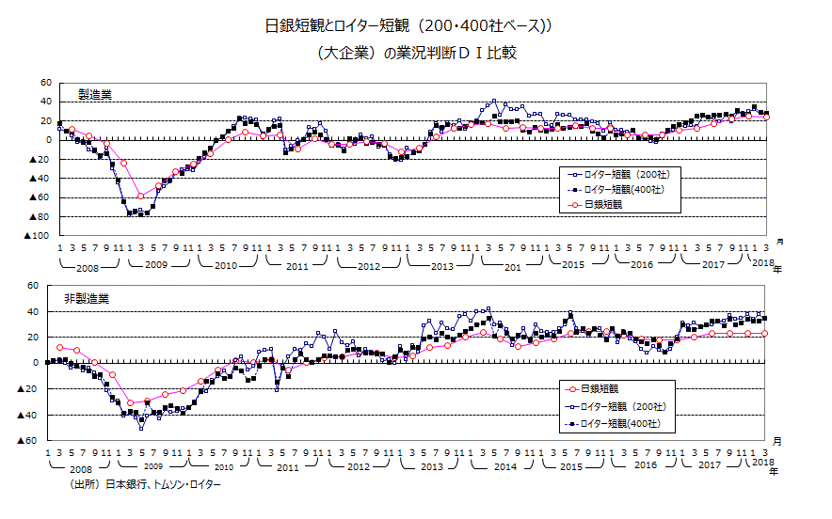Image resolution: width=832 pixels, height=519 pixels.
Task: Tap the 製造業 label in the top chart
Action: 94,95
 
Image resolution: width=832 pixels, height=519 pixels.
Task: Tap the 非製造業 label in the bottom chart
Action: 88,298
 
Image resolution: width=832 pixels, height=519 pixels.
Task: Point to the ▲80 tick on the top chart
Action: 40,217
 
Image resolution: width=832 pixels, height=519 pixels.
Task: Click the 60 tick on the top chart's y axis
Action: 45,83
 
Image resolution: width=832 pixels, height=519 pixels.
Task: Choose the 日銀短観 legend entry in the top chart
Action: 602,204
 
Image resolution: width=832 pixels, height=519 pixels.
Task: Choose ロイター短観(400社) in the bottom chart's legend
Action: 619,424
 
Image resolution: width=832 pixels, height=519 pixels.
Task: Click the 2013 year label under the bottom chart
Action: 431,467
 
